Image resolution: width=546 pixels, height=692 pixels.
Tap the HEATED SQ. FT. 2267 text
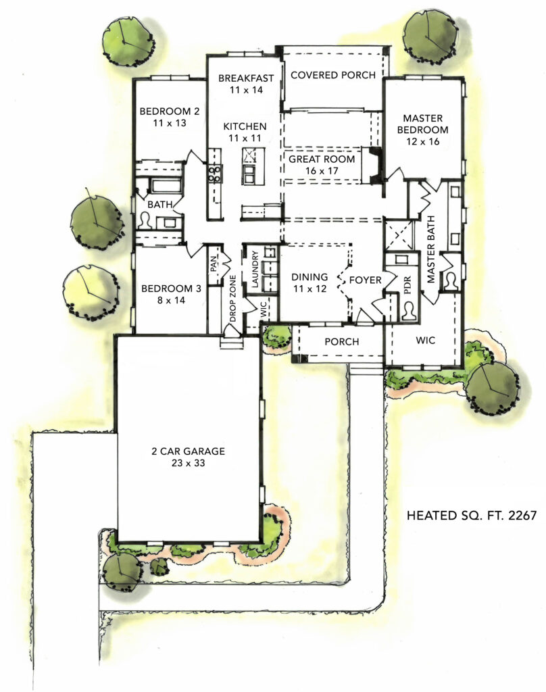tap(471, 516)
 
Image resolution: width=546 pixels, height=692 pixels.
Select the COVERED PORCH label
tap(332, 75)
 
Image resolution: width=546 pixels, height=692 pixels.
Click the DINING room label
tap(309, 283)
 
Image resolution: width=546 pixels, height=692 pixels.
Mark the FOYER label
tap(366, 280)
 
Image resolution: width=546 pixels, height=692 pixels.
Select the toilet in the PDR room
tap(409, 310)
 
